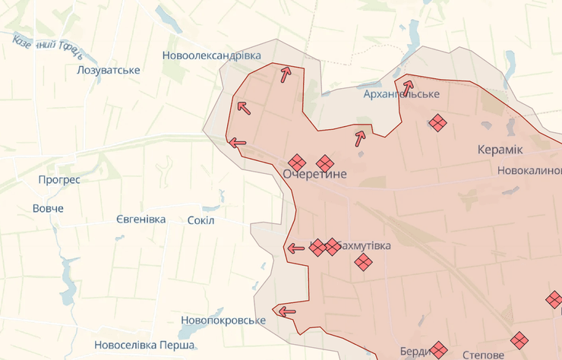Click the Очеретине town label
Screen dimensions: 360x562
(314, 175)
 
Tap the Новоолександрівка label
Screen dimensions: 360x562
(211, 56)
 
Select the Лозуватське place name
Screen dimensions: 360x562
(109, 71)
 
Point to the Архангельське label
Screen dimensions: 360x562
(402, 93)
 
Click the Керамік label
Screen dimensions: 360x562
(500, 150)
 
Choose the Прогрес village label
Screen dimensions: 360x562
(59, 181)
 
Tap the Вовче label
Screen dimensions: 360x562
(48, 208)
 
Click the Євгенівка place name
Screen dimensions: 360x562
(140, 219)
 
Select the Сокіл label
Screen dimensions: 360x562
(200, 220)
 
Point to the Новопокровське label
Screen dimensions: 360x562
(223, 321)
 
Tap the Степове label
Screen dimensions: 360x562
(483, 355)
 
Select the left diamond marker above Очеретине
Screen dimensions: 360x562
(297, 163)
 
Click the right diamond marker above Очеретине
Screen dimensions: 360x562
(325, 163)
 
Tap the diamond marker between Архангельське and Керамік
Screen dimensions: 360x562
(437, 122)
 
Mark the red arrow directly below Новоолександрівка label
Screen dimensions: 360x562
(286, 74)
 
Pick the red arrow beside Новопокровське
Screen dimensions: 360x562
(287, 311)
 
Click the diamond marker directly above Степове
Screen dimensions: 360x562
(519, 340)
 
